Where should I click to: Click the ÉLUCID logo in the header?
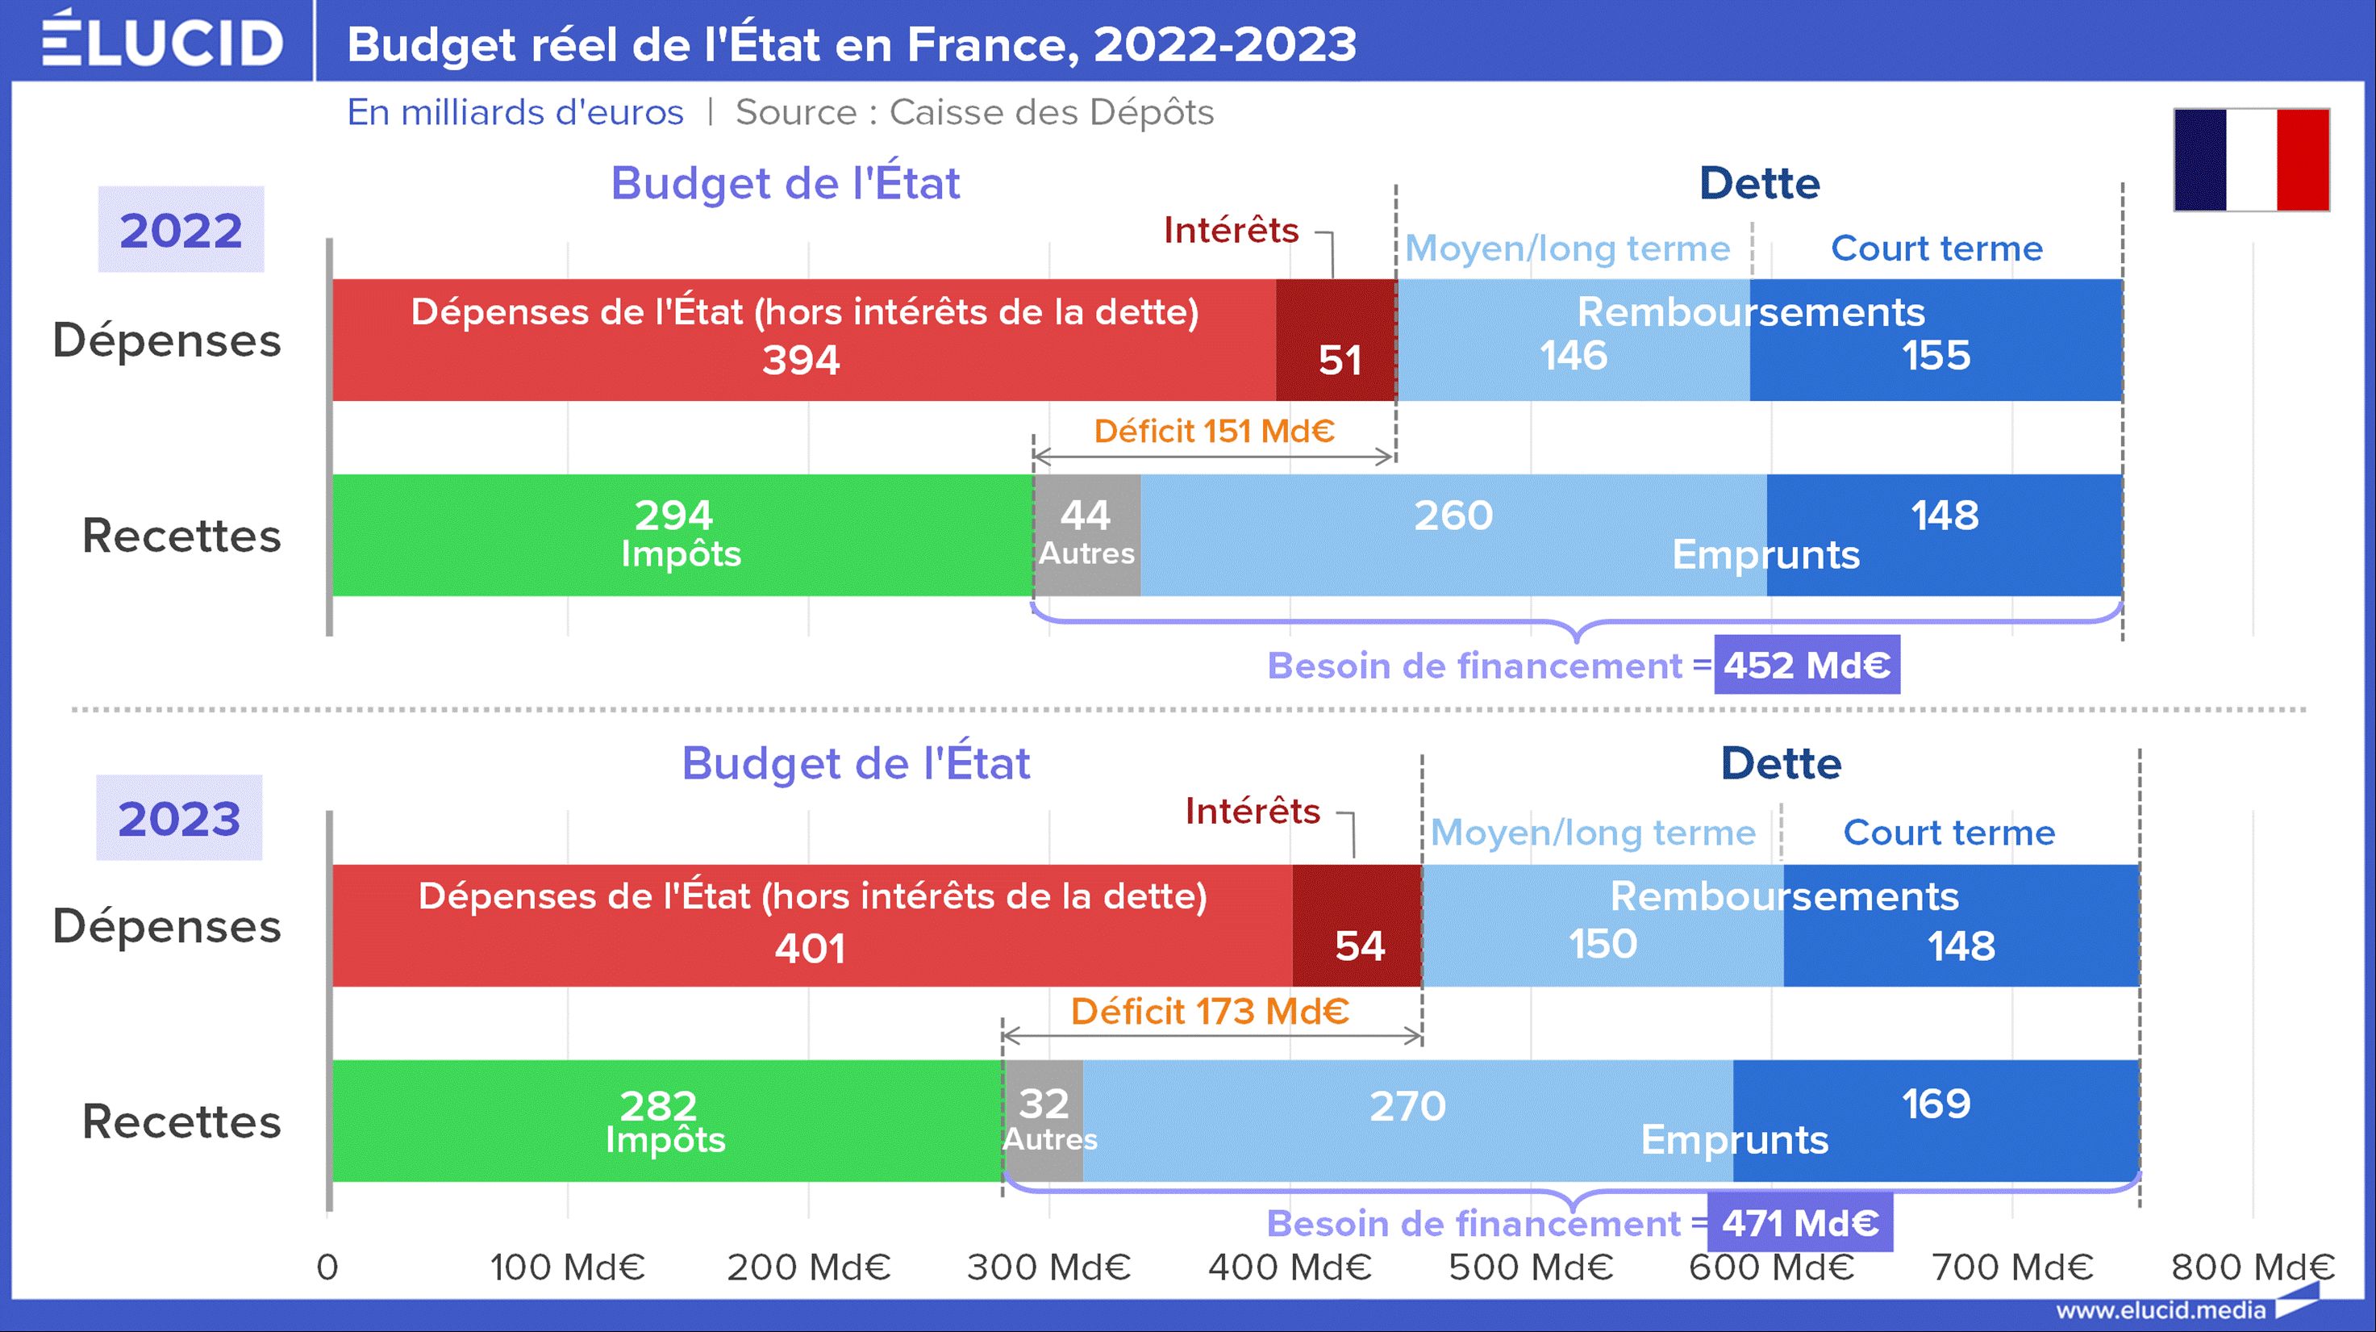pos(162,40)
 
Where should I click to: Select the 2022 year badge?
pos(181,230)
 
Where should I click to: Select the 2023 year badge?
pos(179,818)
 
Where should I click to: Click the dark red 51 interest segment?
pos(1336,340)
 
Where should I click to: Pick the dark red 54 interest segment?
pos(1357,925)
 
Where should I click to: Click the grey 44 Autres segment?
pos(1086,535)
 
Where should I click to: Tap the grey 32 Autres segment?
pos(1043,1120)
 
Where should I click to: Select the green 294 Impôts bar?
pos(681,535)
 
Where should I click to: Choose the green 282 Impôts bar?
pos(666,1120)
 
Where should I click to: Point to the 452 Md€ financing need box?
pos(1807,665)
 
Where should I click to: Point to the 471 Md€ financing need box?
pos(1799,1223)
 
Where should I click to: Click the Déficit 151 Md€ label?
pos(1214,431)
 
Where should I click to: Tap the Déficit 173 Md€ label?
pos(1209,1012)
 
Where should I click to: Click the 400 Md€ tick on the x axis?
pos(1290,1267)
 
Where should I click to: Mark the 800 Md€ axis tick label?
pos(2253,1267)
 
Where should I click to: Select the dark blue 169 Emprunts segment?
pos(1935,1120)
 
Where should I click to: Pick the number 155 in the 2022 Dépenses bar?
pos(1936,356)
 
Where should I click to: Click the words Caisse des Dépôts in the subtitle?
pos(1051,112)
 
